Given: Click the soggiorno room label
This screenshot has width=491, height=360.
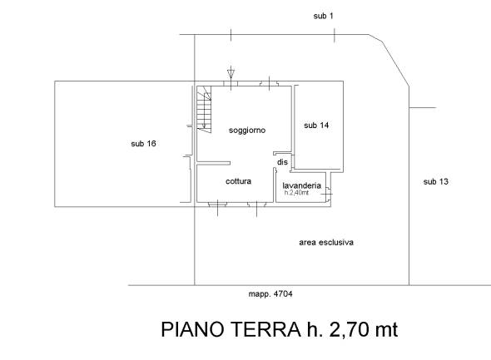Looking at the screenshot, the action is [247, 130].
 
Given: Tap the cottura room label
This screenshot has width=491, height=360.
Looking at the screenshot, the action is [238, 181].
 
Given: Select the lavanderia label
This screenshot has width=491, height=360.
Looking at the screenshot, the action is [301, 185].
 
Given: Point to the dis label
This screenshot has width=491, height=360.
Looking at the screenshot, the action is [282, 162].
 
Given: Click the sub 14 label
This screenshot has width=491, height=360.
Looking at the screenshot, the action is [316, 126].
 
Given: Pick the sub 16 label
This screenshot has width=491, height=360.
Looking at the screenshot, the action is [143, 144].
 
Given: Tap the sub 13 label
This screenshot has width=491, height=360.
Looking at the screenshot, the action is [435, 181].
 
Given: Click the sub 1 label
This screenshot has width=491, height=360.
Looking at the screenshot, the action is [323, 16].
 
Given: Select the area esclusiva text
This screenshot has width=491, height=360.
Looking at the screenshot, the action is [326, 243].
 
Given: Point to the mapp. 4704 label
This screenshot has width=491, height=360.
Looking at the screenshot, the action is [270, 294].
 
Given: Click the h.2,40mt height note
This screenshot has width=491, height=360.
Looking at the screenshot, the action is [296, 193].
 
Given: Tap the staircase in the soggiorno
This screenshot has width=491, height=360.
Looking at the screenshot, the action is [204, 109].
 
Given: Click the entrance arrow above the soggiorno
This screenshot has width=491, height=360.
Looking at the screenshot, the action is [231, 72].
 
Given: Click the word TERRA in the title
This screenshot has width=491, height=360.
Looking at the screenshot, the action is [265, 329].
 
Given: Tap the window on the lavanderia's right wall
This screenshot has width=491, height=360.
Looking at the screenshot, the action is [328, 194].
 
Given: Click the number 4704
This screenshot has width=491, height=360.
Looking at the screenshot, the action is [283, 294].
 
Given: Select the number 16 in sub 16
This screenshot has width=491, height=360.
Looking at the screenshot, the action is [151, 144].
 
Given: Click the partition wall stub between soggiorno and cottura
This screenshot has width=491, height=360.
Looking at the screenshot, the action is [214, 163].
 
